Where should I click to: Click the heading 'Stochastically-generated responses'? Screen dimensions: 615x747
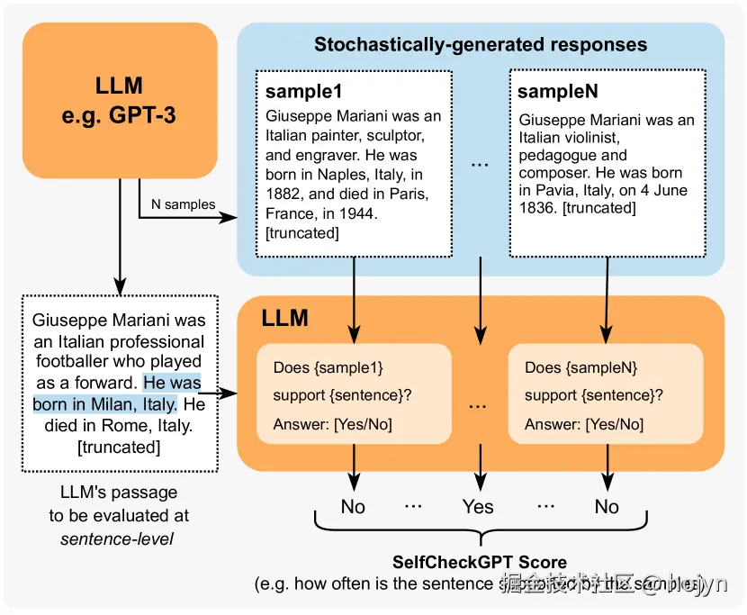click(x=480, y=44)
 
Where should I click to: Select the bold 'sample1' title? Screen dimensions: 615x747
click(x=304, y=92)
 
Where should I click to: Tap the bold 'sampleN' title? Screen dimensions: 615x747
click(x=558, y=92)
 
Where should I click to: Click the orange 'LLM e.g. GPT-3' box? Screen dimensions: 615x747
click(x=119, y=101)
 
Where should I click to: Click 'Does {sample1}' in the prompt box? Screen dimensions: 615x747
click(x=321, y=368)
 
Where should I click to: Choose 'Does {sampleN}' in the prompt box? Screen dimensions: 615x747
click(x=581, y=368)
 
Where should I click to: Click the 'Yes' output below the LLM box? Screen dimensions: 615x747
click(x=478, y=507)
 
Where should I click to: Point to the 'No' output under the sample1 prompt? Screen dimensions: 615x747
click(x=353, y=507)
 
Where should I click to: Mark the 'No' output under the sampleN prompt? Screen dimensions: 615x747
click(x=607, y=507)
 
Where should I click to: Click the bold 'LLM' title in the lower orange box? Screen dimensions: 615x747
click(x=284, y=318)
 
